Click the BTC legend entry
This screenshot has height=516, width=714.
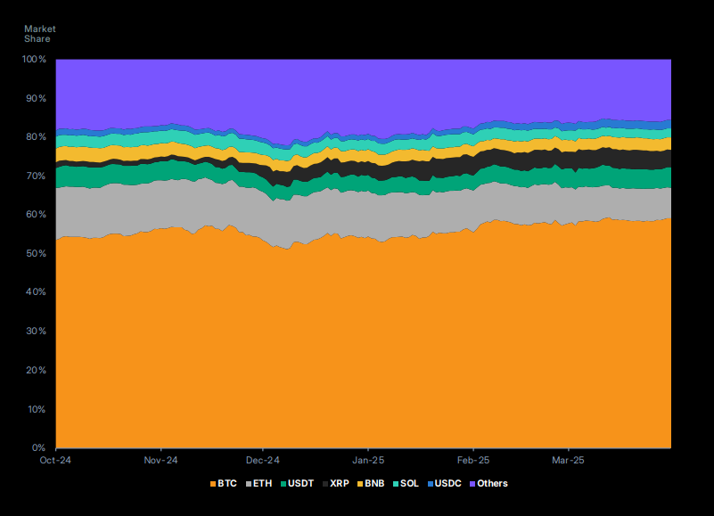(x=222, y=484)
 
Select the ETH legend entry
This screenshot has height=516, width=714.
(x=259, y=484)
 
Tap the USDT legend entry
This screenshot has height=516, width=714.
(x=299, y=484)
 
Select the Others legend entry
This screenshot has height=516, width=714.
(x=488, y=484)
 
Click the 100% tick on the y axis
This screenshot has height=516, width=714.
(x=34, y=60)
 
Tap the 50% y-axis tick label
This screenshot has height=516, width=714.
(x=36, y=254)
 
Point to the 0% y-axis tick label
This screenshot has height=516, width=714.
(x=39, y=448)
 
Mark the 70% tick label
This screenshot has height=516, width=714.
(x=36, y=176)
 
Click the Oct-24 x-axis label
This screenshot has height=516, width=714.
(x=56, y=461)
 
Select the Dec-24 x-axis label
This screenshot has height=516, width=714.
(x=264, y=461)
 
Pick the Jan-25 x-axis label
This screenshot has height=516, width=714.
(x=368, y=461)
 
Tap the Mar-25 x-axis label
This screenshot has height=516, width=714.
(x=569, y=461)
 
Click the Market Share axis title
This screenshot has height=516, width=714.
(x=39, y=34)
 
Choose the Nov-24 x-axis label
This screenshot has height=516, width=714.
(x=160, y=461)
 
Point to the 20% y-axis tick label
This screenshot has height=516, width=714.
(x=36, y=371)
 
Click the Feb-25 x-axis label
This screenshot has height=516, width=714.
(x=472, y=461)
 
